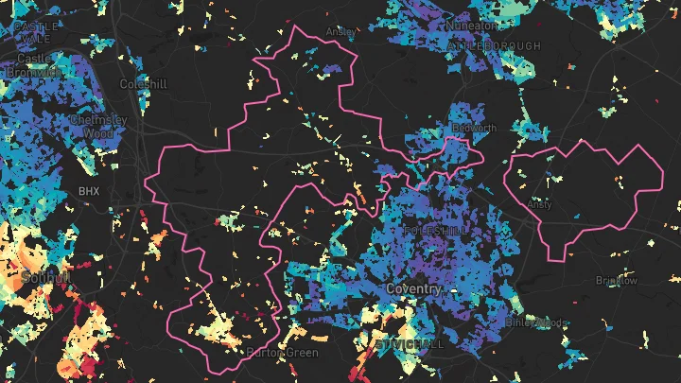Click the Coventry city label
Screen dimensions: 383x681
(414, 288)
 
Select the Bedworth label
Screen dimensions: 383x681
(474, 128)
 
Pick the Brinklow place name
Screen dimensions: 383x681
(617, 281)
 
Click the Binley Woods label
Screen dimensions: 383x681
(536, 322)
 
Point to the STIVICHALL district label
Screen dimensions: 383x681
(410, 344)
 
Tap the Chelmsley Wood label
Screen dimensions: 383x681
(97, 127)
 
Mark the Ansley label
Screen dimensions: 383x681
(340, 31)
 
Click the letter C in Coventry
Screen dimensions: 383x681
(391, 288)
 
